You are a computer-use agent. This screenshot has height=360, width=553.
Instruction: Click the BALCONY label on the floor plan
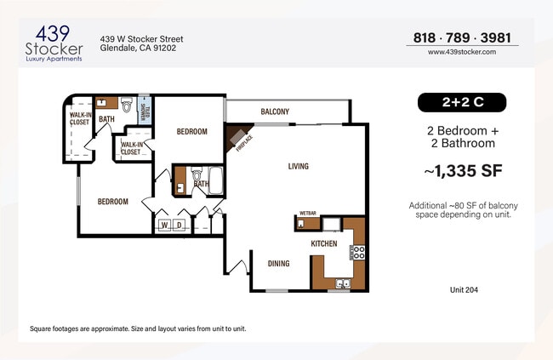pyautogui.click(x=275, y=111)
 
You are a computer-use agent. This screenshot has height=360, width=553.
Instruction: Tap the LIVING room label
pyautogui.click(x=298, y=166)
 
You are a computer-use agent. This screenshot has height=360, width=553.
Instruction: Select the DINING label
pyautogui.click(x=279, y=264)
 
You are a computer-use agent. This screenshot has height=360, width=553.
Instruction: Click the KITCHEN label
pyautogui.click(x=324, y=244)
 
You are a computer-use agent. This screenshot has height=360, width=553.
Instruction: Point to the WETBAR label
pyautogui.click(x=308, y=214)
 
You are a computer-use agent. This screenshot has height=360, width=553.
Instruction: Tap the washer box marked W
pyautogui.click(x=164, y=225)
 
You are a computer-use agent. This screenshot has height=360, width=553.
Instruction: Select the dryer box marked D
pyautogui.click(x=179, y=225)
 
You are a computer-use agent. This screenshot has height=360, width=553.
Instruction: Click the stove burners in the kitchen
pyautogui.click(x=358, y=252)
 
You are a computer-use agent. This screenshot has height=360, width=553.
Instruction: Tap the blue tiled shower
pyautogui.click(x=145, y=111)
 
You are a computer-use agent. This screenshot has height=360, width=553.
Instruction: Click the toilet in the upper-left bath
pyautogui.click(x=126, y=106)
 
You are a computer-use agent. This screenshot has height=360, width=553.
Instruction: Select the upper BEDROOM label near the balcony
pyautogui.click(x=191, y=132)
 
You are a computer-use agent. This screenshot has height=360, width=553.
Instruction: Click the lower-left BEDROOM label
pyautogui.click(x=112, y=202)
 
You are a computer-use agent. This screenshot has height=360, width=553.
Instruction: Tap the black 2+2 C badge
pyautogui.click(x=461, y=103)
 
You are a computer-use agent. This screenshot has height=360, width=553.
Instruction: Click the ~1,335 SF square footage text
pyautogui.click(x=463, y=171)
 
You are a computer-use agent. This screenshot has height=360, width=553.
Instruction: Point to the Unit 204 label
pyautogui.click(x=464, y=289)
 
